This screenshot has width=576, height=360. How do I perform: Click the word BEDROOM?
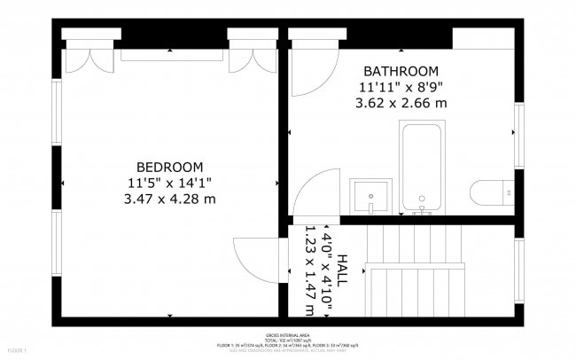(x=169, y=167)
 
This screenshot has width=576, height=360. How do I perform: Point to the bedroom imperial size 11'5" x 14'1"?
(x=169, y=183)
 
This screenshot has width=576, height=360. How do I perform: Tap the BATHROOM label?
(x=401, y=71)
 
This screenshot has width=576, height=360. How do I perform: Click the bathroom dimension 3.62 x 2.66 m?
(x=401, y=103)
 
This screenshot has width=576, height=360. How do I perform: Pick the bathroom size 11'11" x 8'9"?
(x=401, y=87)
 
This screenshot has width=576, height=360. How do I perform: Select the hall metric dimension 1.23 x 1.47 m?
(x=309, y=271)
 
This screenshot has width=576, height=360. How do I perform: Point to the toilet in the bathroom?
(x=491, y=193)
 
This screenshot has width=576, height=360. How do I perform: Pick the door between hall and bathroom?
(x=309, y=199)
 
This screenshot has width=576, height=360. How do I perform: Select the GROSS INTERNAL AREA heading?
(x=288, y=333)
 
